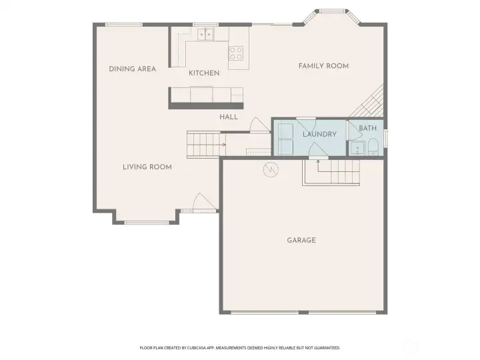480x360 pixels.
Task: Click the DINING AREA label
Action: click(x=132, y=69)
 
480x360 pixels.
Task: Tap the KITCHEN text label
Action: click(x=204, y=73)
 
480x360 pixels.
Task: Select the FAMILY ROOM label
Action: click(x=323, y=66)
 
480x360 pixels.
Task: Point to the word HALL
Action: click(x=229, y=117)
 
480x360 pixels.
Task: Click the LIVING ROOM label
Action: click(x=147, y=167)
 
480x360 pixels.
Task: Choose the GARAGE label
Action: click(x=301, y=240)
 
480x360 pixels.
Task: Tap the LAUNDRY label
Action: click(x=319, y=134)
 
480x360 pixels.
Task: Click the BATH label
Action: click(x=367, y=128)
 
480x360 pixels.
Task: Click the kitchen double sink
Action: click(x=205, y=33)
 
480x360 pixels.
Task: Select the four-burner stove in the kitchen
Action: click(x=237, y=53)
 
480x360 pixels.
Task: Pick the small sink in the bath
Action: click(x=357, y=149)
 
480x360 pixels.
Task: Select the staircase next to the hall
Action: click(x=204, y=141)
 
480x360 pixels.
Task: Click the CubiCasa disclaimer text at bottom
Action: click(x=239, y=347)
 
